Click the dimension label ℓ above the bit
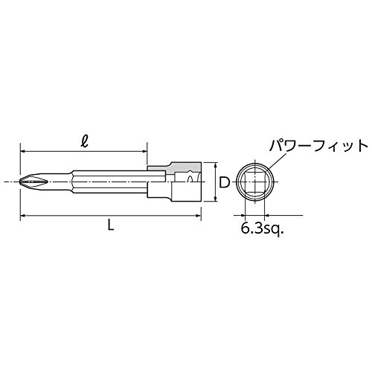coord(85,142)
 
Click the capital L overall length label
coord(111,225)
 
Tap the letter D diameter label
coord(225,183)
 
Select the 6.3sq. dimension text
coord(262,229)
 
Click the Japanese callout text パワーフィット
coord(318,146)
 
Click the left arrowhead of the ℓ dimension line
coord(23,151)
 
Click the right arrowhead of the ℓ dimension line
coord(144,151)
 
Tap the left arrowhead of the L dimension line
coord(23,217)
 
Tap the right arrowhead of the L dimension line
coord(198,217)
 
